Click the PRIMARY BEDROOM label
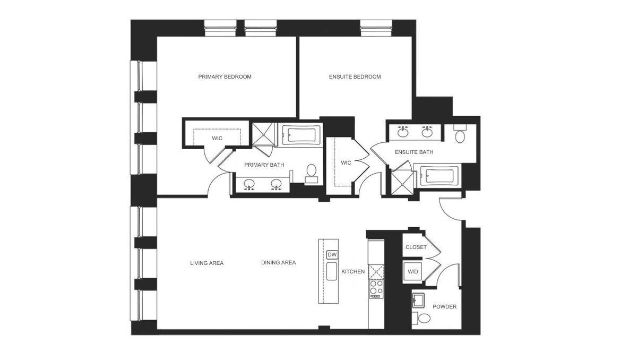pyautogui.click(x=225, y=77)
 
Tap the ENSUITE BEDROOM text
pyautogui.click(x=355, y=77)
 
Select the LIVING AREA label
pyautogui.click(x=206, y=263)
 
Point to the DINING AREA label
pyautogui.click(x=278, y=263)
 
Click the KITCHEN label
pyautogui.click(x=353, y=272)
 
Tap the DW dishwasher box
pyautogui.click(x=332, y=255)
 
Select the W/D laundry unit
pyautogui.click(x=413, y=272)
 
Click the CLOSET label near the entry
pyautogui.click(x=416, y=247)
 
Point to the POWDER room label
pyautogui.click(x=444, y=307)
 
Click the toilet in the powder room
pyautogui.click(x=423, y=319)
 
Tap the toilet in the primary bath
pyautogui.click(x=312, y=171)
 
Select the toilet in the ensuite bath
pyautogui.click(x=460, y=135)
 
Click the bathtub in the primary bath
pyautogui.click(x=300, y=135)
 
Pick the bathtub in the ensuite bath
pyautogui.click(x=438, y=175)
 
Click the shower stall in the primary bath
pyautogui.click(x=263, y=134)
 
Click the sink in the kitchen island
pyautogui.click(x=331, y=271)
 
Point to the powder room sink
pyautogui.click(x=418, y=301)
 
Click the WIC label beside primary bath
pyautogui.click(x=217, y=139)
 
